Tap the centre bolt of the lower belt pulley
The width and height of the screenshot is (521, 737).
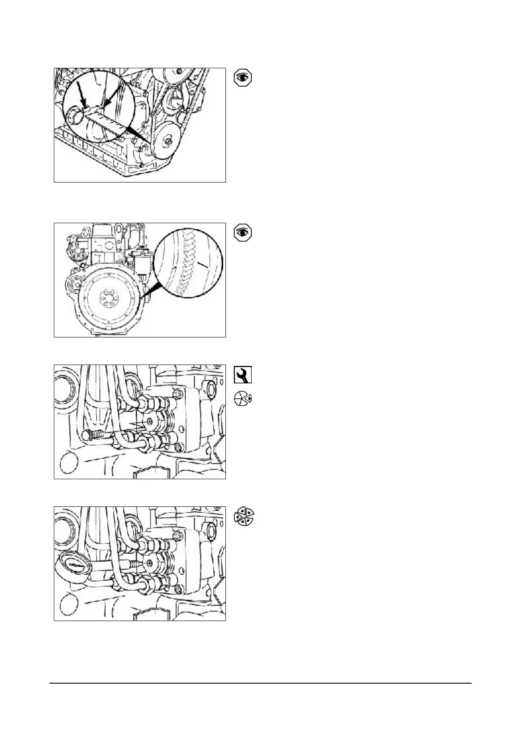click(x=168, y=141)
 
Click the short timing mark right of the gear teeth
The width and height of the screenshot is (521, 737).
click(x=202, y=264)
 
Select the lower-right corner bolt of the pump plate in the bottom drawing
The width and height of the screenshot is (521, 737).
click(x=178, y=590)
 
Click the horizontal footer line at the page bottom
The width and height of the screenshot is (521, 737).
click(x=260, y=683)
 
